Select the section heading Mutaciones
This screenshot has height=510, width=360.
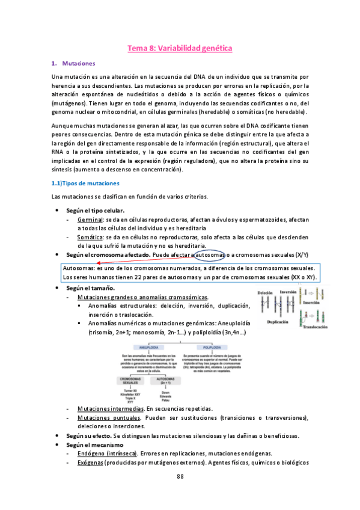pos(79,63)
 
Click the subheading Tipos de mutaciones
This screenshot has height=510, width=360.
pos(88,183)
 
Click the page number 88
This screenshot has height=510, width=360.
pos(180,476)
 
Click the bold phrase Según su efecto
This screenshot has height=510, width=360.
pos(88,435)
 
